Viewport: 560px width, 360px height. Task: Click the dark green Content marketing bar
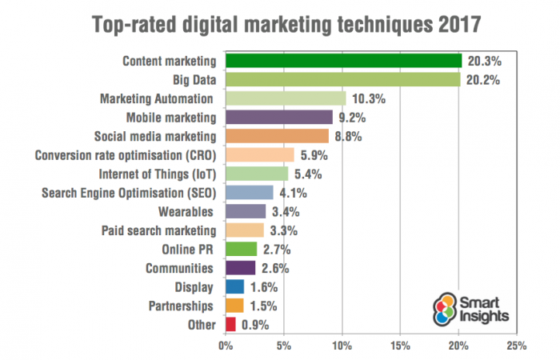coord(343,61)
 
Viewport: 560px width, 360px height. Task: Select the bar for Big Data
coord(342,80)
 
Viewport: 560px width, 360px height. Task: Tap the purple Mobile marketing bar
coord(278,118)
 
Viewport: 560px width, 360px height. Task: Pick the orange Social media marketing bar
coord(277,136)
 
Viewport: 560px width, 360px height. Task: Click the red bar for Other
coord(230,324)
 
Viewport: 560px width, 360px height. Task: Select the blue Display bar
coord(234,286)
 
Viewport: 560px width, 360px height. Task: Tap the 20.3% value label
coord(485,61)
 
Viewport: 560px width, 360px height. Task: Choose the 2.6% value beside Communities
coord(277,268)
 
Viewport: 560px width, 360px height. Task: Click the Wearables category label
coord(186,211)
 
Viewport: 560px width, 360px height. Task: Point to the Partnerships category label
coord(182,306)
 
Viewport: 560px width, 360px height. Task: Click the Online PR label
coord(188,249)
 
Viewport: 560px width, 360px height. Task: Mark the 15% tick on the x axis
coord(400,346)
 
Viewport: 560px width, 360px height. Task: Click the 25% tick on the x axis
coord(516,346)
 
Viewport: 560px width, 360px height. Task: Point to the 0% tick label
coord(226,346)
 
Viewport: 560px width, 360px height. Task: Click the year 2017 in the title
coord(452,24)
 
